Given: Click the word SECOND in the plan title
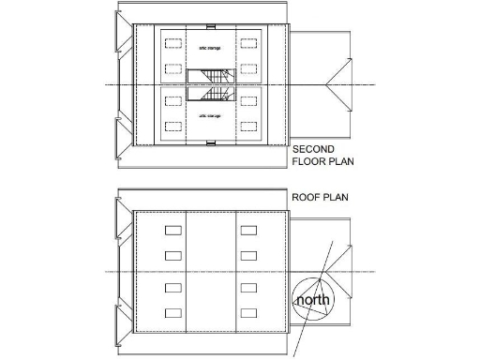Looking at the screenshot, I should tap(314, 149).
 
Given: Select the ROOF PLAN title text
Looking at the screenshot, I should tap(318, 197).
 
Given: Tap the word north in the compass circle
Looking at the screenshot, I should tap(312, 301).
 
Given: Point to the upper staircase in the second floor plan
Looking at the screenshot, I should tap(208, 77).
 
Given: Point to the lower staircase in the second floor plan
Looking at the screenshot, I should tap(208, 94).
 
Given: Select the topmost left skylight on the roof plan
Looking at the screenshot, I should tap(172, 230).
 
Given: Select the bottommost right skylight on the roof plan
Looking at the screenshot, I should tap(247, 312).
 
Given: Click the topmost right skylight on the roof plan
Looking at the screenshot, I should tap(247, 230).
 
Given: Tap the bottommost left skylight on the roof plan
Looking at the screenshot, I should tap(172, 312).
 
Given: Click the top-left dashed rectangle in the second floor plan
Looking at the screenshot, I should tap(172, 42).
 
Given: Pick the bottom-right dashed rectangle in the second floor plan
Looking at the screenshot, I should tap(247, 125).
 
